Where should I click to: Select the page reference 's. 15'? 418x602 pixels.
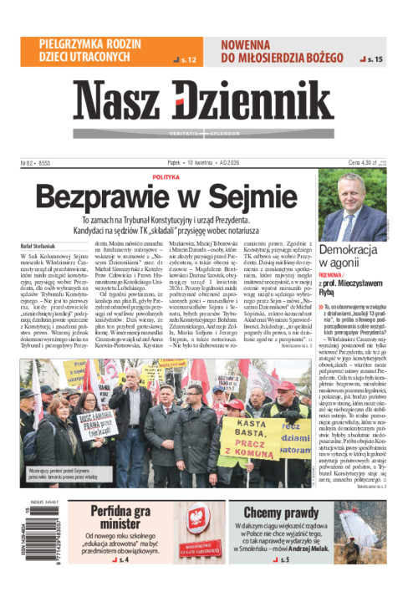373,59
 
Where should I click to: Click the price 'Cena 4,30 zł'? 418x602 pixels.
365,163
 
